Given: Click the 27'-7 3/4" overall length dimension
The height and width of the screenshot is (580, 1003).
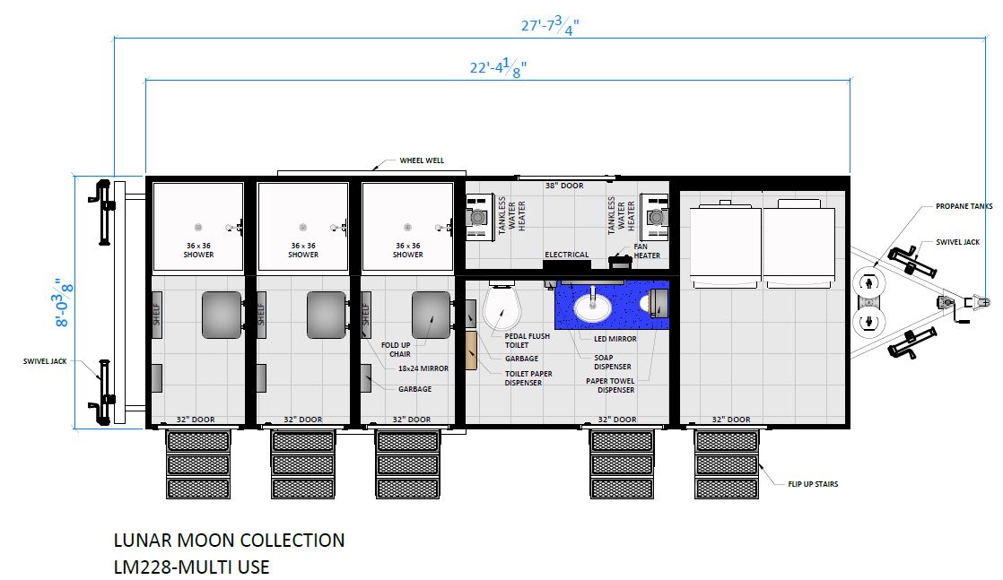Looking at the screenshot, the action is [550, 26].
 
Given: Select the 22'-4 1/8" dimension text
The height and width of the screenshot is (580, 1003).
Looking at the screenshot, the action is [498, 67].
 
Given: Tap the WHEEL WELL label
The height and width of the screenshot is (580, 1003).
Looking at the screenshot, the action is [422, 160].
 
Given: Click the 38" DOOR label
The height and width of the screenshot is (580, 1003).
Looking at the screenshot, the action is [564, 186].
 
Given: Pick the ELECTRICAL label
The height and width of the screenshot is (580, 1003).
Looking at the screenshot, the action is [567, 255].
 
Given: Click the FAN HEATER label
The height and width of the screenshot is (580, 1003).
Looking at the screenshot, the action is [647, 251].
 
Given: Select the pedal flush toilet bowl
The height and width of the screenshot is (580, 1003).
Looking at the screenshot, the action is [502, 307].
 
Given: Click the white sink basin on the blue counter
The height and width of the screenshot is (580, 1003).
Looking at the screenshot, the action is [593, 307].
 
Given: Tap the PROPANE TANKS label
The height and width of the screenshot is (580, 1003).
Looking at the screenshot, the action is [964, 206].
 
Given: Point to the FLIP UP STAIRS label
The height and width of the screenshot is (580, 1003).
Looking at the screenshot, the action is [813, 484].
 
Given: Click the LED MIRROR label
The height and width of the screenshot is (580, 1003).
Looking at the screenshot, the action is [615, 339].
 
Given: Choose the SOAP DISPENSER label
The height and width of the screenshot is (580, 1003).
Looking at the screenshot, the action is [612, 362].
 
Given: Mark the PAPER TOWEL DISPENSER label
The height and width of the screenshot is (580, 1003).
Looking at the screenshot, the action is [610, 385].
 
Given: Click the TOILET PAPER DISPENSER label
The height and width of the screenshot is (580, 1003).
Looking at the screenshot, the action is [528, 378].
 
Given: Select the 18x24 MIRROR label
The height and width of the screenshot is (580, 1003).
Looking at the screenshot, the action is [423, 369].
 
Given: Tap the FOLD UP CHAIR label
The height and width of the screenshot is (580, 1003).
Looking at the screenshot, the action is [396, 350].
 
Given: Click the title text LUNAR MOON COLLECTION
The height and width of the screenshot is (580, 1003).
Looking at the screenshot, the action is [229, 541].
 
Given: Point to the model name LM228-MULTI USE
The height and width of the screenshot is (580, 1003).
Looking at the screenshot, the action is [191, 567].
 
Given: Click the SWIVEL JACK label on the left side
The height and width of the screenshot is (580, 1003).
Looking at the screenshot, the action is [45, 361].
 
